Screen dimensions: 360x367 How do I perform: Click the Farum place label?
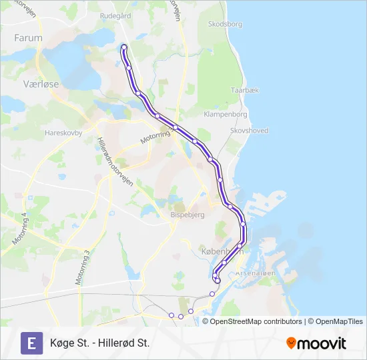pyautogui.click(x=28, y=38)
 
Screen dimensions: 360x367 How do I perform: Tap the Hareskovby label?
pyautogui.click(x=63, y=133)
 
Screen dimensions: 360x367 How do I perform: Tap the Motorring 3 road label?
pyautogui.click(x=82, y=268)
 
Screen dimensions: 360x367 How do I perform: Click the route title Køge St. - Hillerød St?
pyautogui.click(x=99, y=343)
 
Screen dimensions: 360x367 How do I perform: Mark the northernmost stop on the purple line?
pyautogui.click(x=123, y=47)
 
